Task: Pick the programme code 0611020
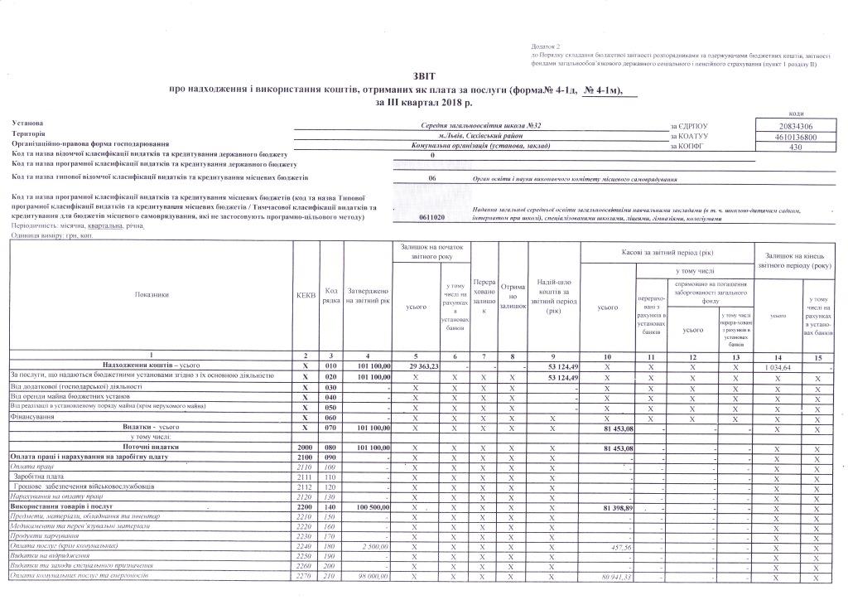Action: click(x=432, y=217)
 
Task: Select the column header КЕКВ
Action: click(x=305, y=294)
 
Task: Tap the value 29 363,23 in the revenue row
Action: click(x=423, y=365)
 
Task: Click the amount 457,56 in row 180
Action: click(x=620, y=546)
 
